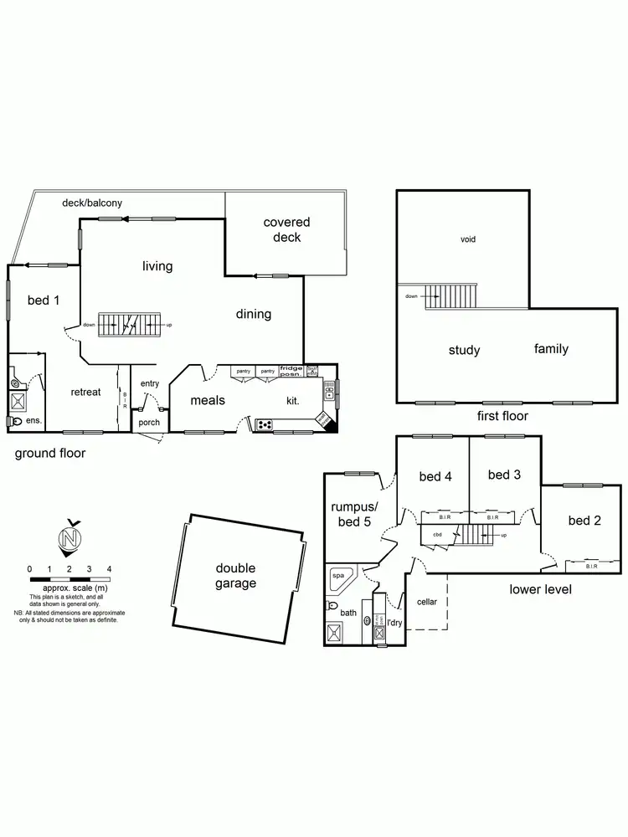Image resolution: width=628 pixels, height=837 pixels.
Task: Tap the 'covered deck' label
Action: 286,229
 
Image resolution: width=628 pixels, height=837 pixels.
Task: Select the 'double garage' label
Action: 235,576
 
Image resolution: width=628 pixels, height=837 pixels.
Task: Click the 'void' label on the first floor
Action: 468,239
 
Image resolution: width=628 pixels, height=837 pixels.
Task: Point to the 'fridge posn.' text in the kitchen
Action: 291,371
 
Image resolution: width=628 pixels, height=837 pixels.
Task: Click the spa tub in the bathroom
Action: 339,576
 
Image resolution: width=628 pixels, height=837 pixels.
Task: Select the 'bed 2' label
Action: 584,521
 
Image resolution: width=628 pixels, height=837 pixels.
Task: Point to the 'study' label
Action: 464,350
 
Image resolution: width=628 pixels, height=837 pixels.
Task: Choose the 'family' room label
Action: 551,348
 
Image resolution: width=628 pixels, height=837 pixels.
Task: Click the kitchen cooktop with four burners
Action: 265,424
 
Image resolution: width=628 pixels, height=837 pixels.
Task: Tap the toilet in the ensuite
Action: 16,384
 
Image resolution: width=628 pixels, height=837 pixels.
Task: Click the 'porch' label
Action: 148,422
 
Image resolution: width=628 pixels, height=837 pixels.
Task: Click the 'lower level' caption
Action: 540,589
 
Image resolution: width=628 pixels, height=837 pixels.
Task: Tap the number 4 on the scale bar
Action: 109,569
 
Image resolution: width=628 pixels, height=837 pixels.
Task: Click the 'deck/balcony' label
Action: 92,203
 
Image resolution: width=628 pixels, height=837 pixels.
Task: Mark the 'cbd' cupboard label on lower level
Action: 437,534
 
